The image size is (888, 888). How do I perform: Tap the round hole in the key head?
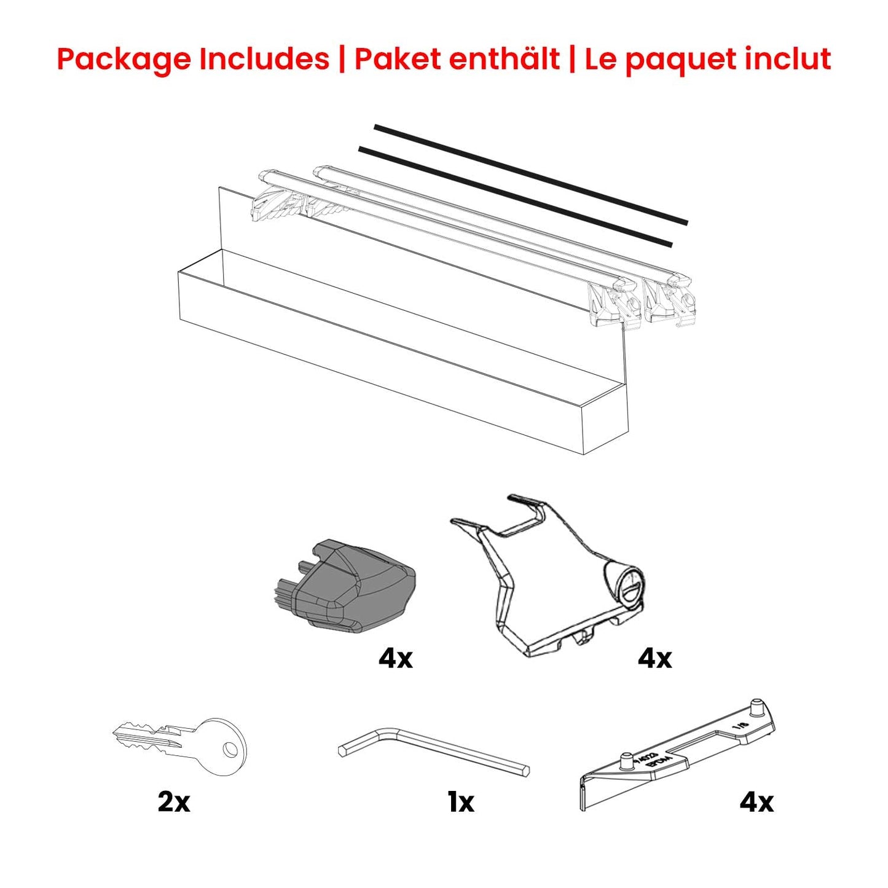(229, 749)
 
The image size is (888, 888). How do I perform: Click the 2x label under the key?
(174, 802)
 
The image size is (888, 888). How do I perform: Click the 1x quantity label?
(461, 802)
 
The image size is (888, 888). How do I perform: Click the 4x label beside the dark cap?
(396, 659)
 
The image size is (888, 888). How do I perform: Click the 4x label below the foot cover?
(655, 659)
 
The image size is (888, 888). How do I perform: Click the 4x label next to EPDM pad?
(756, 802)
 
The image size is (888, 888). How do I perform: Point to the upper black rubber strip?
(531, 175)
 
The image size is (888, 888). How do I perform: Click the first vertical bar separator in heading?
(342, 60)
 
